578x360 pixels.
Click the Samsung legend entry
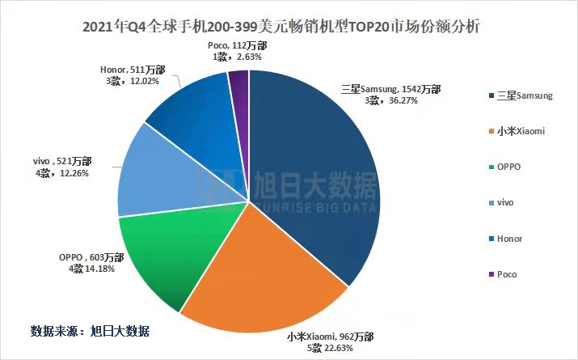click(521, 95)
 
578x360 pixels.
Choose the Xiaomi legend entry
click(517, 131)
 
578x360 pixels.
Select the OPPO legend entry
click(504, 167)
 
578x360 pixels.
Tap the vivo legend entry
click(501, 202)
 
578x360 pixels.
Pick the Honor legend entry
click(505, 239)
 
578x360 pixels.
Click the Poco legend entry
click(503, 274)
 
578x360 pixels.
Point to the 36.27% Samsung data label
click(391, 95)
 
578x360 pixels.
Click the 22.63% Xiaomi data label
click(331, 342)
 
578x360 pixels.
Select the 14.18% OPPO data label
click(91, 263)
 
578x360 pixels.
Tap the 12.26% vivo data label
click(62, 167)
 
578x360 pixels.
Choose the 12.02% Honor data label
click(133, 75)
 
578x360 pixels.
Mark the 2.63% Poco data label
click(238, 51)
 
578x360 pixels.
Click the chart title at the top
click(281, 27)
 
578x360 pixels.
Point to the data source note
click(90, 331)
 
